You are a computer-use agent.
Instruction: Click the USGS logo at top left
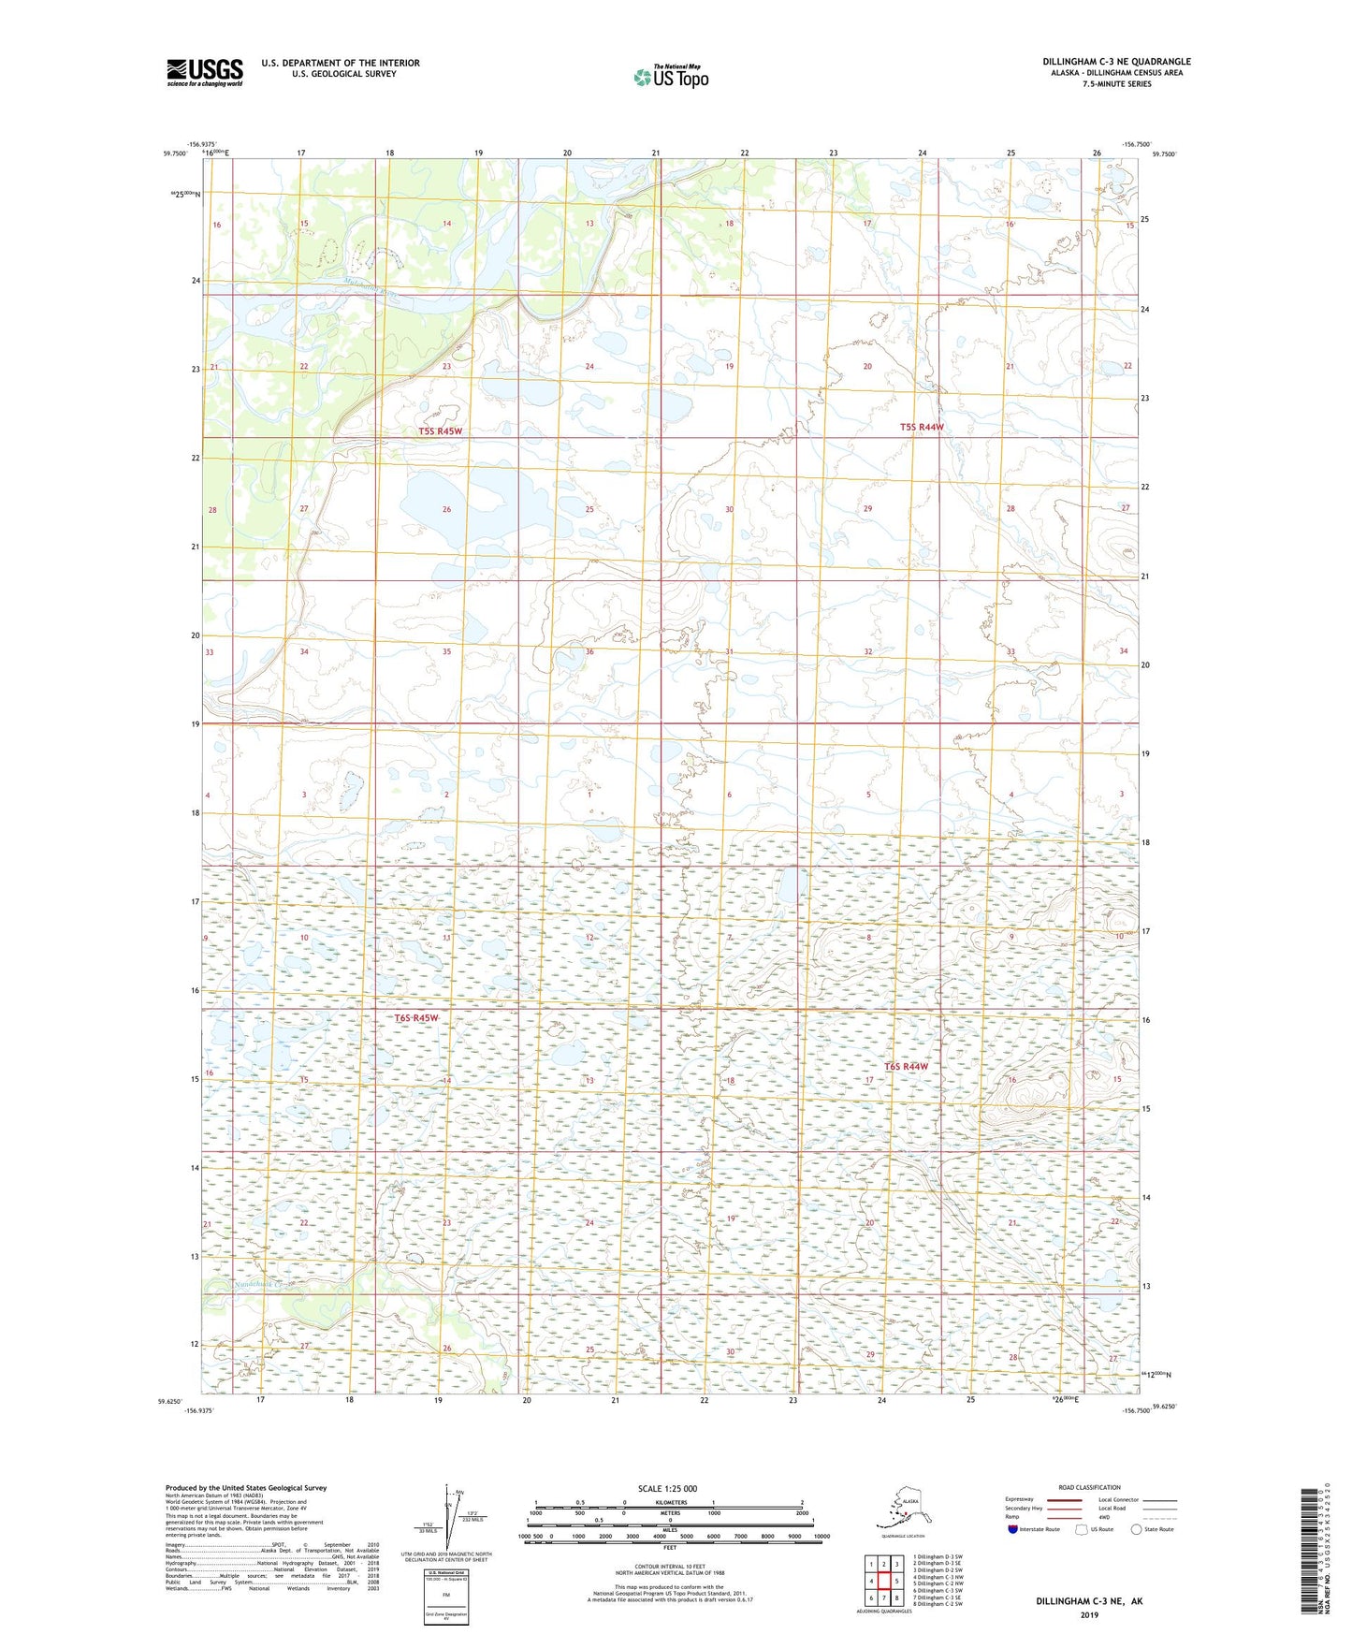(204, 72)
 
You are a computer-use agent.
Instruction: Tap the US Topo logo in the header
(670, 77)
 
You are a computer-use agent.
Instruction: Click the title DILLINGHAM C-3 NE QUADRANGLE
(1116, 62)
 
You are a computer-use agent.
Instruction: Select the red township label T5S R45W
(440, 431)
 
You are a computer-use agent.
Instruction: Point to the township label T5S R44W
(922, 427)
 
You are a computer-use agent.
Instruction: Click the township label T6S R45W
(415, 1018)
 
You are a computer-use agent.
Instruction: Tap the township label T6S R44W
(907, 1067)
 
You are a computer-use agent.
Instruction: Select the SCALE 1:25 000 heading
(667, 1489)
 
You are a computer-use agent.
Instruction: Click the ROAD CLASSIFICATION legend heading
(1089, 1487)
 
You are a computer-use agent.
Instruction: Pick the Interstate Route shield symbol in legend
(1013, 1529)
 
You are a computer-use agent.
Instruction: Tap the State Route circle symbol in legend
(1136, 1529)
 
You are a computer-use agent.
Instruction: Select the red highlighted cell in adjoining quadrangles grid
(884, 1581)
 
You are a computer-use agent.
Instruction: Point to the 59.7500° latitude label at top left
(175, 153)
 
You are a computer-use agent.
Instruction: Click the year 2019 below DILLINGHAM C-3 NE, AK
(1088, 1614)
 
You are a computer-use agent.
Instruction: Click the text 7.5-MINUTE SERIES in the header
(1116, 84)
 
